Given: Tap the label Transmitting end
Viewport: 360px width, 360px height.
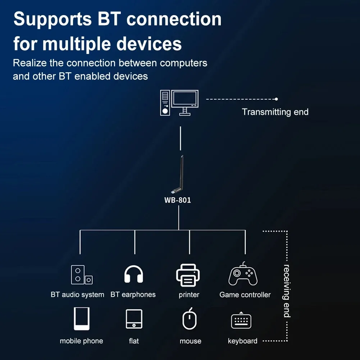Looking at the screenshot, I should pyautogui.click(x=275, y=112).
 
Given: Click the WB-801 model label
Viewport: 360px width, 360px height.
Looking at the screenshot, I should pyautogui.click(x=178, y=200).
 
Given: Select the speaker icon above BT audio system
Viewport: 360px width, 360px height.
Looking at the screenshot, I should pyautogui.click(x=81, y=275).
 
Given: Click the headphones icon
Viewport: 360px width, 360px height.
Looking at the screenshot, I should pyautogui.click(x=134, y=275).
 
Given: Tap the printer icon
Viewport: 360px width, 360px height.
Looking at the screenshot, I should pyautogui.click(x=188, y=275).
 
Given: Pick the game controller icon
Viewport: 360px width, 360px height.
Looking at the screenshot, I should pyautogui.click(x=243, y=274).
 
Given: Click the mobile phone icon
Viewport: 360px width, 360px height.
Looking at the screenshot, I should pyautogui.click(x=82, y=319).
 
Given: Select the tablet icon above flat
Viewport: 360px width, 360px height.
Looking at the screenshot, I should pyautogui.click(x=134, y=319).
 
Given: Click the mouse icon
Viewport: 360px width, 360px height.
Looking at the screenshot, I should pyautogui.click(x=190, y=319).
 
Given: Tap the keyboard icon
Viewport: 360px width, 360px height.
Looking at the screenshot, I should pyautogui.click(x=241, y=320).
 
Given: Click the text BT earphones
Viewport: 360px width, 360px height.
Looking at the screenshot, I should pyautogui.click(x=133, y=295).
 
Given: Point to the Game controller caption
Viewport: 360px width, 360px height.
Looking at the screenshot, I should pyautogui.click(x=245, y=295).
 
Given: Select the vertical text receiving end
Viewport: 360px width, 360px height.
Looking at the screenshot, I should pyautogui.click(x=287, y=291).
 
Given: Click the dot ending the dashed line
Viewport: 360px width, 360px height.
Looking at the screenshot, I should pyautogui.click(x=276, y=99).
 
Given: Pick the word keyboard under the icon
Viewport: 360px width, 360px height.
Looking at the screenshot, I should pyautogui.click(x=242, y=341).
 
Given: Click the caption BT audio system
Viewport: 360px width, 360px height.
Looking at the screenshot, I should pyautogui.click(x=77, y=295).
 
